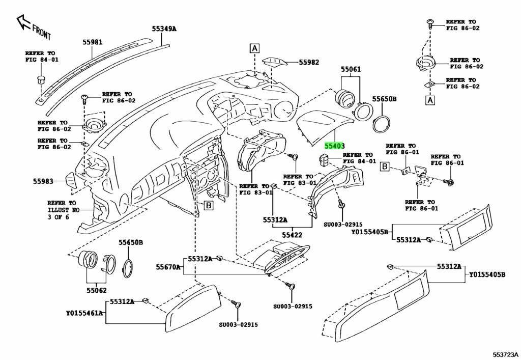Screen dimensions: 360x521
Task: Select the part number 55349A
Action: tap(164, 29)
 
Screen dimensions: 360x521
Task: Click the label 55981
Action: tap(93, 44)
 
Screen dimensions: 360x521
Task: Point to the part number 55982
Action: tap(309, 63)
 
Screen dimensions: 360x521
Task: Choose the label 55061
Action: tap(351, 69)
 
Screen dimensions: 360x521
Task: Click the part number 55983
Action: tap(44, 181)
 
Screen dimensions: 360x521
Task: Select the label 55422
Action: tap(293, 235)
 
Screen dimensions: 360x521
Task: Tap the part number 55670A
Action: tap(168, 267)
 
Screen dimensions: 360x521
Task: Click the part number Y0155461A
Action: tap(84, 313)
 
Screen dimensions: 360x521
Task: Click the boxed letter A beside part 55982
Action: tap(254, 49)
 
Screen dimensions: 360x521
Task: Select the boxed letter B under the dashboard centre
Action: tap(208, 206)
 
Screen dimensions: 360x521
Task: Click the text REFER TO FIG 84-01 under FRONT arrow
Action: tap(41, 56)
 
